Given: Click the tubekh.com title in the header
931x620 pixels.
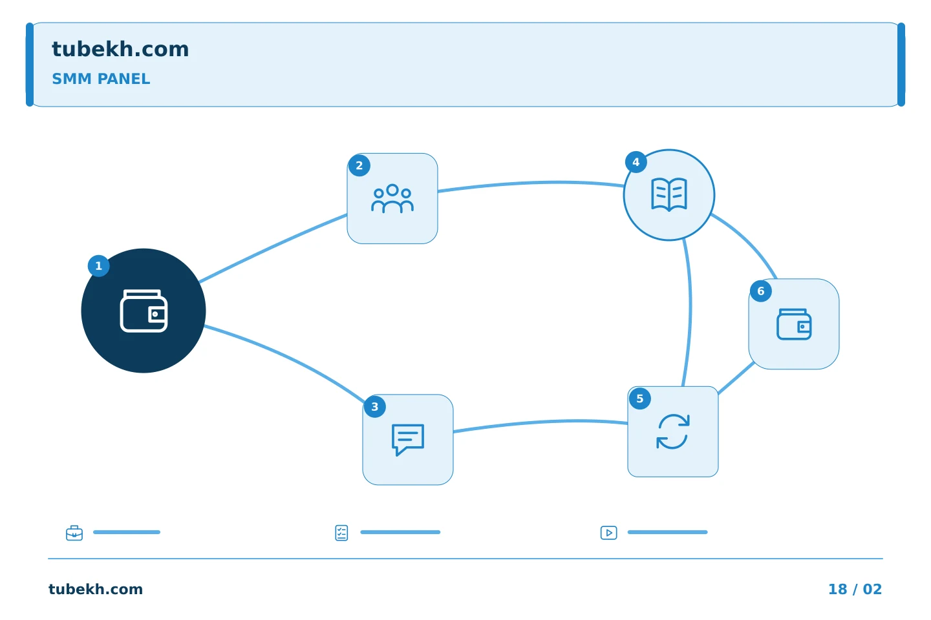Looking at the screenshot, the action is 120,49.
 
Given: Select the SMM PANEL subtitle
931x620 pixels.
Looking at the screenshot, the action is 101,79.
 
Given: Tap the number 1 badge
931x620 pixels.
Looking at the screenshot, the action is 98,266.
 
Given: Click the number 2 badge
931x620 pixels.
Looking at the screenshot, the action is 359,165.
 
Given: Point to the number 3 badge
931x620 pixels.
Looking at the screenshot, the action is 374,406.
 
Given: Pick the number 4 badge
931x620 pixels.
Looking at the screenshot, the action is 636,162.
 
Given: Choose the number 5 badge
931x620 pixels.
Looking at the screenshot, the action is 640,398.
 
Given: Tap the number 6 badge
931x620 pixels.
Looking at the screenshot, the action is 760,291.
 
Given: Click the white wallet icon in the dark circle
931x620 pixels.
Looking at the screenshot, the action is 144,311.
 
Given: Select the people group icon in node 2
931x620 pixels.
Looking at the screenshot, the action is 392,198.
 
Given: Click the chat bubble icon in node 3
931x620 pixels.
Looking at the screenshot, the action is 408,439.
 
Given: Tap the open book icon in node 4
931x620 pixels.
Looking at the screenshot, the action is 669,195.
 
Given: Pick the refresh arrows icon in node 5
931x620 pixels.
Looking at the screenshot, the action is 673,431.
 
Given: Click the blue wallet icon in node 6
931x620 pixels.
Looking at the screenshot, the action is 794,324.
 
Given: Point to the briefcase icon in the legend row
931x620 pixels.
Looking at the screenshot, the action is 74,533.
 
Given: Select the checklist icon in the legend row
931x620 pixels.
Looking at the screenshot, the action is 341,533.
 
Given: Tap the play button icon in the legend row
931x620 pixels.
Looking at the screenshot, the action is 608,533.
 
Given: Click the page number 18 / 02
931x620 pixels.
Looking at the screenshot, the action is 855,589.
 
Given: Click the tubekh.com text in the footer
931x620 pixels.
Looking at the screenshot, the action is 96,589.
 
